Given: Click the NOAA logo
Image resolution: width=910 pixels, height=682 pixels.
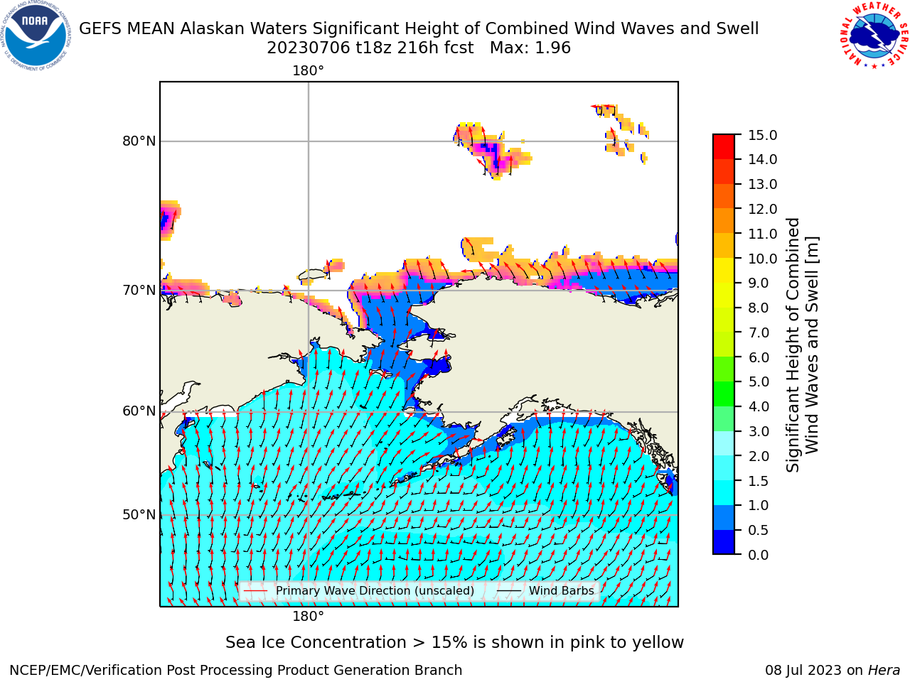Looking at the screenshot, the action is click(36, 36).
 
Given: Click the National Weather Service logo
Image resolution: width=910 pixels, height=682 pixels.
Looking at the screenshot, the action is click(874, 36).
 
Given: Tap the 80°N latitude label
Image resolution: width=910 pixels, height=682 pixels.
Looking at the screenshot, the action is click(139, 141).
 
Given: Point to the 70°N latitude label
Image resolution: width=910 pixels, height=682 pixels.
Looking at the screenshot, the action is click(139, 291).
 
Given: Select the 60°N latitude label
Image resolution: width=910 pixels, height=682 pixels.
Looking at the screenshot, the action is click(139, 411).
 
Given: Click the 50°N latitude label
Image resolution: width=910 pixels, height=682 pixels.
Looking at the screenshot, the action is click(139, 515).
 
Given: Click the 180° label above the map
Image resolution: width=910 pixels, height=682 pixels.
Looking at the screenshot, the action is click(308, 71).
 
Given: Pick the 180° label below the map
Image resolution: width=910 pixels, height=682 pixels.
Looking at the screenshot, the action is click(308, 617).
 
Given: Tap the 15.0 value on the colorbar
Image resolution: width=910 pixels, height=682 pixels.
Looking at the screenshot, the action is click(762, 135).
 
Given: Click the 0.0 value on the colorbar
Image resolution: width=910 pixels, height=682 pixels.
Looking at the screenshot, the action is click(759, 555).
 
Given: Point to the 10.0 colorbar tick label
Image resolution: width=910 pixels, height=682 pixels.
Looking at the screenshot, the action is click(762, 259).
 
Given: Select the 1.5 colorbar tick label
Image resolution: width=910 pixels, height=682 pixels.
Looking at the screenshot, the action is click(759, 481).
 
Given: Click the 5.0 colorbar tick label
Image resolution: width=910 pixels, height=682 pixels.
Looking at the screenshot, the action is click(759, 381).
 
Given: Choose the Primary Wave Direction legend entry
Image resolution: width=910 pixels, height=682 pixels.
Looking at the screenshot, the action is click(359, 590).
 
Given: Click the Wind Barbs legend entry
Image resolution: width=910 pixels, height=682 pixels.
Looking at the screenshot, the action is click(546, 590).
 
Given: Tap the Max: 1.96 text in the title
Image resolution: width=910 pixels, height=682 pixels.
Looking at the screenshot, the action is click(530, 48).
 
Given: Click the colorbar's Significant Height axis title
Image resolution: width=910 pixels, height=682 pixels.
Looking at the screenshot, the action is click(802, 345).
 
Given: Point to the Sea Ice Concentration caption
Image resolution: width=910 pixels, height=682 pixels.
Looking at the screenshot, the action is click(454, 642).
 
